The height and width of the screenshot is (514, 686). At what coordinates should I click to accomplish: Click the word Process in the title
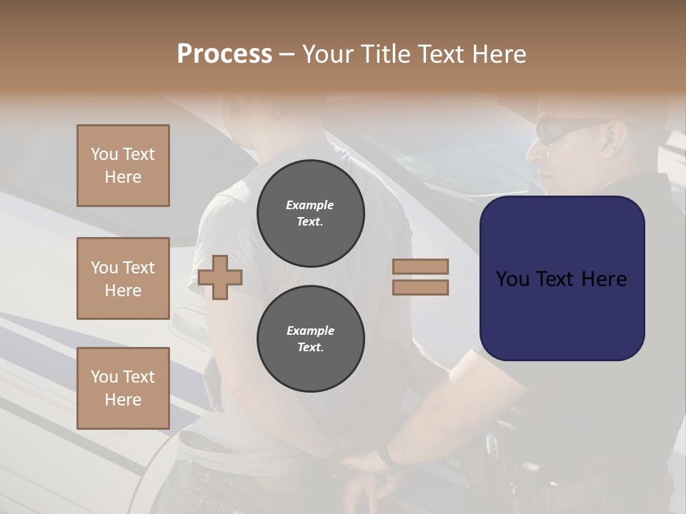click(224, 54)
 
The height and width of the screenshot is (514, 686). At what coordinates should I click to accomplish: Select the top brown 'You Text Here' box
click(123, 166)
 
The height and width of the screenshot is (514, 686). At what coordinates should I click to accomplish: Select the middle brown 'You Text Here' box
click(123, 278)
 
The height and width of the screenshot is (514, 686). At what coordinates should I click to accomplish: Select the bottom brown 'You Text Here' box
click(123, 388)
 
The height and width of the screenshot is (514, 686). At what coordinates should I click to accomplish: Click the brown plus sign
click(220, 277)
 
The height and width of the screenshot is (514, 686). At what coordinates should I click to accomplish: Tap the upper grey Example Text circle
click(310, 213)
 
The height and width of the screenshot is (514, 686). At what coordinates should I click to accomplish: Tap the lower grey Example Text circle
click(310, 339)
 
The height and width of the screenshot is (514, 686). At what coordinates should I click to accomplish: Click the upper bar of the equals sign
click(420, 266)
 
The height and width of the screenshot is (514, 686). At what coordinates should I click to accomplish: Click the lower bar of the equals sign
click(420, 287)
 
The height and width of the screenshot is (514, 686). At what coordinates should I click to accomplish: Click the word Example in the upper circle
click(310, 205)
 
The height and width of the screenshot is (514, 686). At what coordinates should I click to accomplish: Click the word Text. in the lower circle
click(310, 348)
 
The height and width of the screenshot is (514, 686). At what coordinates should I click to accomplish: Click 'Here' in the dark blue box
click(605, 279)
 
